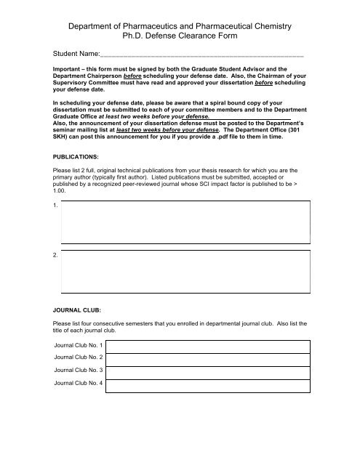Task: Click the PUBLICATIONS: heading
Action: point(68,155)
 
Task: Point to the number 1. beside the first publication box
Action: point(46,206)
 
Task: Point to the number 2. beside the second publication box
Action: point(46,255)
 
